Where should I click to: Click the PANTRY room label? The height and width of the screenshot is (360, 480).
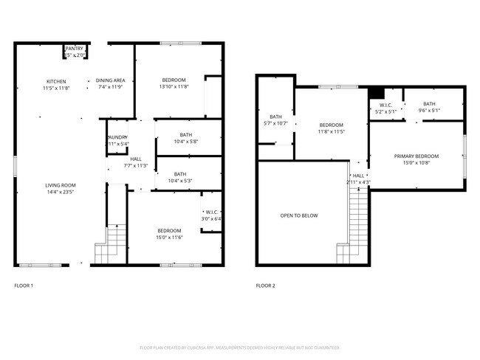click(75, 49)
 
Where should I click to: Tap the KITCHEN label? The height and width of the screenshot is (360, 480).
click(57, 81)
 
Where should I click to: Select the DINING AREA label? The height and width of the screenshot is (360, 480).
click(111, 81)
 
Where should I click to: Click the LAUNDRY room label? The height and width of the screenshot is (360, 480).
click(118, 137)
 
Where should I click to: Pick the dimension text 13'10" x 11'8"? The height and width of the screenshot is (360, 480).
click(174, 87)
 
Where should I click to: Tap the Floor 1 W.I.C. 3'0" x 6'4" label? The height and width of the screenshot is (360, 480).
click(211, 215)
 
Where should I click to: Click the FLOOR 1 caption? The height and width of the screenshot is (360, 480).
click(24, 285)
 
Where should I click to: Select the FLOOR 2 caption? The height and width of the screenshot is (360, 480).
click(264, 285)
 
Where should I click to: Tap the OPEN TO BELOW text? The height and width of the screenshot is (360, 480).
click(299, 216)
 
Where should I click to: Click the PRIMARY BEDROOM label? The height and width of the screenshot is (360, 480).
click(416, 156)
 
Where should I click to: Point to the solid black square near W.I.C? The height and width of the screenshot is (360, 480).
click(376, 93)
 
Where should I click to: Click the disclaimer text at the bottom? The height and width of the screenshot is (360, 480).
click(240, 347)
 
